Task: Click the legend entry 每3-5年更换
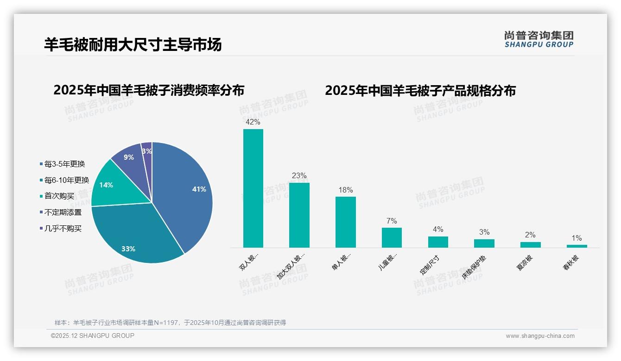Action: click(64, 164)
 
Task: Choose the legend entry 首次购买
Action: click(59, 196)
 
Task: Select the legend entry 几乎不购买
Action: click(63, 229)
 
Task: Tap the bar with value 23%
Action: click(299, 215)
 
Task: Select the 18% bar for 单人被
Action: click(345, 222)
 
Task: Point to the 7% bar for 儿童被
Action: click(392, 237)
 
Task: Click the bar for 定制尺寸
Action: click(438, 242)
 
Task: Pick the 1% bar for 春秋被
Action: click(577, 246)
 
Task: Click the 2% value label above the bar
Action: click(530, 235)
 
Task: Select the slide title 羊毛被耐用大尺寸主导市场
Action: click(133, 44)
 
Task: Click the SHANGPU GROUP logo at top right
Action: click(539, 39)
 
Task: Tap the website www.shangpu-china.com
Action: click(540, 336)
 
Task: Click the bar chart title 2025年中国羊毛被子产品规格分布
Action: click(420, 91)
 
